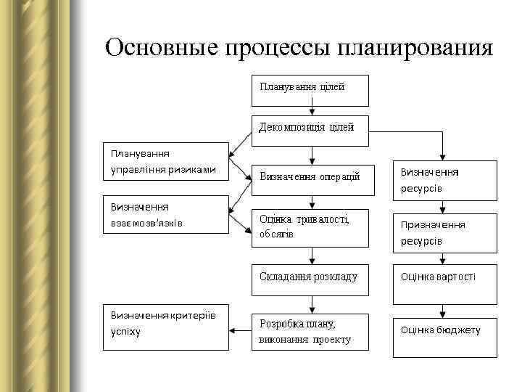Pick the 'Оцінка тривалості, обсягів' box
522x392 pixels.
[310, 228]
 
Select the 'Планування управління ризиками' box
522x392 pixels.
[165, 162]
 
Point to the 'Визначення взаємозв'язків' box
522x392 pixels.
[165, 214]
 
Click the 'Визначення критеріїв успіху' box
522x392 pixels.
[165, 324]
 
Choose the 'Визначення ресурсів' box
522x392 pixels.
[444, 180]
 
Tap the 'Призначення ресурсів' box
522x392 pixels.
[444, 232]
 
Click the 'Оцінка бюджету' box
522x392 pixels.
[444, 336]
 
